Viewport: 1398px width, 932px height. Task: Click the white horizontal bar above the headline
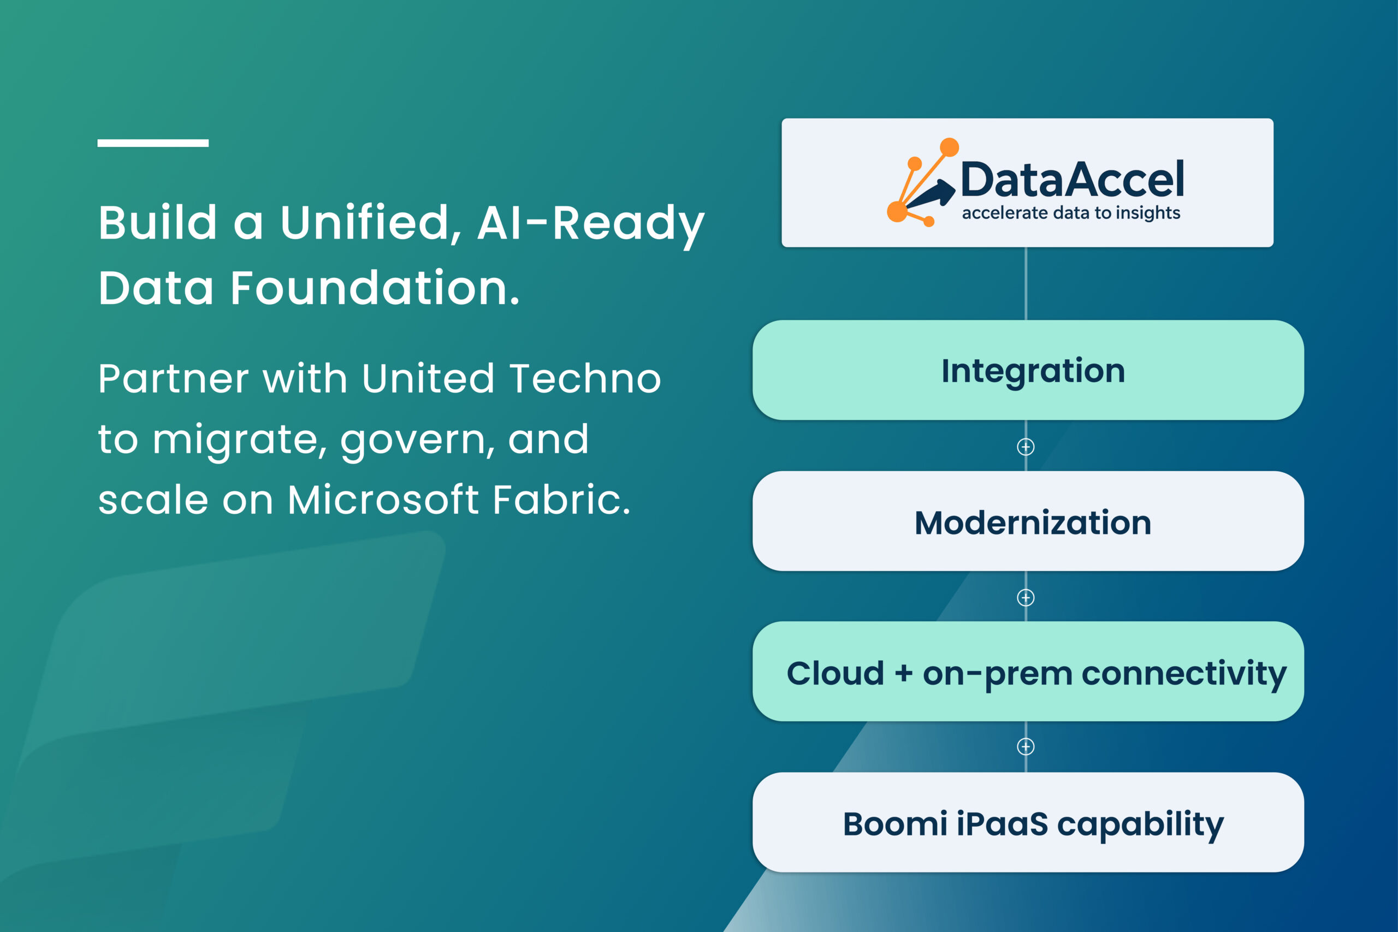(153, 143)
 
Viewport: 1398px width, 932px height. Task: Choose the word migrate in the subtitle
(240, 441)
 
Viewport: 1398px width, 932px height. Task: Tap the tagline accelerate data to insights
(1071, 213)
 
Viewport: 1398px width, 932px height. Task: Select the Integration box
(1028, 370)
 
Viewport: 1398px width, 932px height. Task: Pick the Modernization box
(1028, 521)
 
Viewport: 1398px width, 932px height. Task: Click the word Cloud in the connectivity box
(835, 673)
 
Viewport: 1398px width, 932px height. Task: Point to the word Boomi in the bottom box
(895, 824)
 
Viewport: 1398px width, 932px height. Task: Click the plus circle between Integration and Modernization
(1026, 447)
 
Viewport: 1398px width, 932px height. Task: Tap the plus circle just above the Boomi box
(1026, 746)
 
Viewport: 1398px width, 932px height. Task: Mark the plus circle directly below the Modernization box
(1026, 597)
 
